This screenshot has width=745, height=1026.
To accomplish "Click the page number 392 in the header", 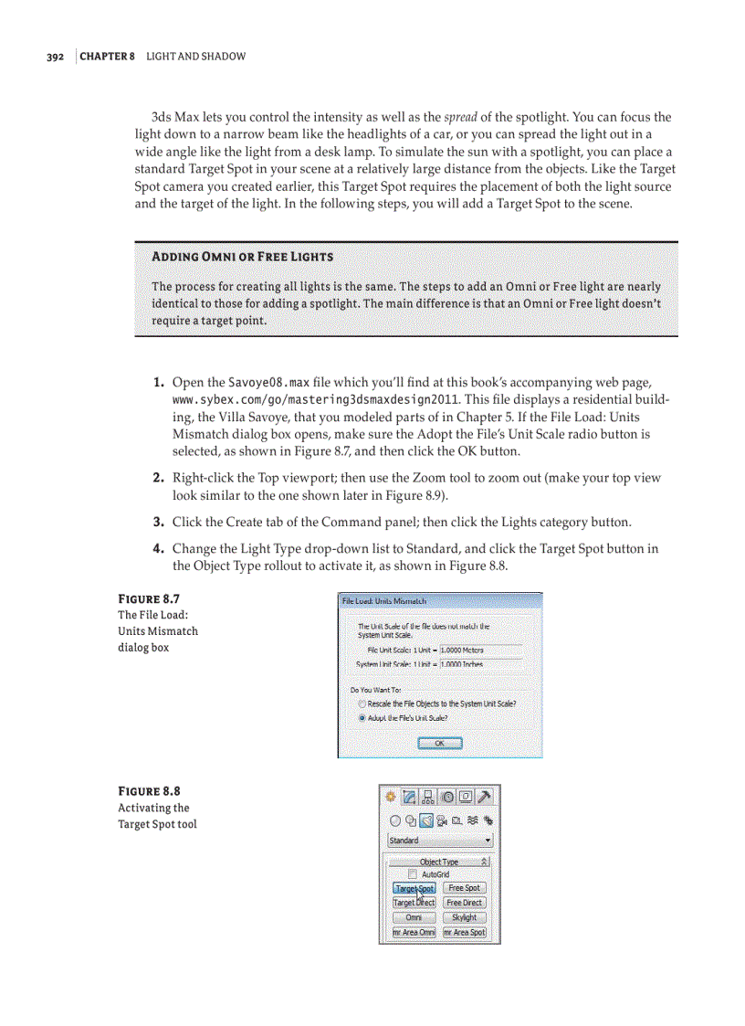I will tap(55, 57).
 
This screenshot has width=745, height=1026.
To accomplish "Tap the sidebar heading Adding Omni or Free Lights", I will tap(242, 257).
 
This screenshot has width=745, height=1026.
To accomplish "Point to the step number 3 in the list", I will tap(158, 523).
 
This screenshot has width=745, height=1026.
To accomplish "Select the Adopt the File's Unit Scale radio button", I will tap(362, 718).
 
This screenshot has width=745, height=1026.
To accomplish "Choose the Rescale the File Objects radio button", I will tap(362, 704).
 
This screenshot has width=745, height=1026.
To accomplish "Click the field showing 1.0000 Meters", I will tap(480, 651).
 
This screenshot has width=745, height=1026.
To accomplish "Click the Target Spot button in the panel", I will tap(414, 888).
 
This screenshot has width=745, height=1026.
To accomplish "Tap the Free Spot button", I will tap(464, 888).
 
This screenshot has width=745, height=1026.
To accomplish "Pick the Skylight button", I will tap(464, 917).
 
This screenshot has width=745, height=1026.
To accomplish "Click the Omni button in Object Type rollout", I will tap(414, 917).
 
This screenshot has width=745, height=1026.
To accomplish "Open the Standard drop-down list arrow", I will tap(488, 841).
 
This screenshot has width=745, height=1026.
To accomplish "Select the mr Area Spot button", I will tap(464, 933).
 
